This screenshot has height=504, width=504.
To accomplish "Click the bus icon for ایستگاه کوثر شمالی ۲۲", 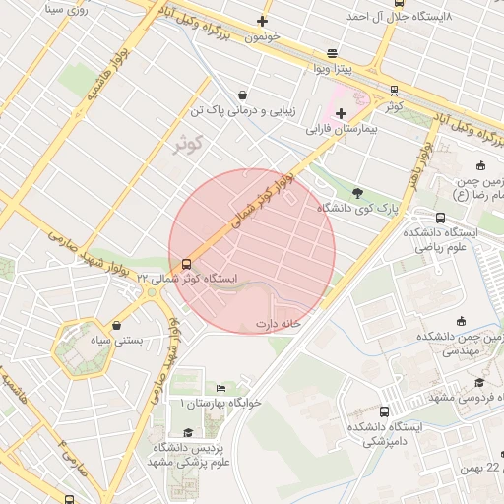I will pyautogui.click(x=186, y=264).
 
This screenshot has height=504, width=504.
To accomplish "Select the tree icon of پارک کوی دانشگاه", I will pyautogui.click(x=356, y=193).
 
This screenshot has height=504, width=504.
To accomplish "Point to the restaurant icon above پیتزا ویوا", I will pyautogui.click(x=332, y=53).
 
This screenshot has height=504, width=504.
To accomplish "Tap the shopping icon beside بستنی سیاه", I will pyautogui.click(x=118, y=325).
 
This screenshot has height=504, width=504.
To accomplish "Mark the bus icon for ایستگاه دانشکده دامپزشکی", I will pyautogui.click(x=384, y=411).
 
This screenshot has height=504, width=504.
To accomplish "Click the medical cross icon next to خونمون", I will pyautogui.click(x=262, y=21).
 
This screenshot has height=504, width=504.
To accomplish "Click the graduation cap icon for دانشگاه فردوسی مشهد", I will pyautogui.click(x=479, y=383).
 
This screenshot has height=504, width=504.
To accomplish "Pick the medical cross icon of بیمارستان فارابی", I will pyautogui.click(x=342, y=113).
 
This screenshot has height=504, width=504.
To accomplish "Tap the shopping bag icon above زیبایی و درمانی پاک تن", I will pyautogui.click(x=242, y=94).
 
